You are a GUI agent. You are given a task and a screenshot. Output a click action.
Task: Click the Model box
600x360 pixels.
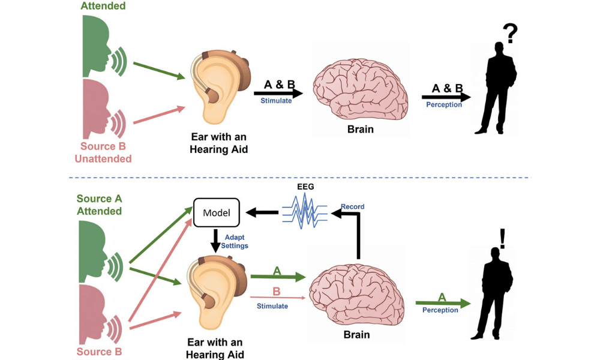(x=217, y=212)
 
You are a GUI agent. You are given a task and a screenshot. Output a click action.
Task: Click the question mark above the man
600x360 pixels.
(x=510, y=34)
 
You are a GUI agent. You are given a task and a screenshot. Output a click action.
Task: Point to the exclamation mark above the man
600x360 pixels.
(x=502, y=238)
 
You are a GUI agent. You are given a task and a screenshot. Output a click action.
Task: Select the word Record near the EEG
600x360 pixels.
(x=352, y=207)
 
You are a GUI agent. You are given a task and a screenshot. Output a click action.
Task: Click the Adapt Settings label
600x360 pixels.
(x=235, y=242)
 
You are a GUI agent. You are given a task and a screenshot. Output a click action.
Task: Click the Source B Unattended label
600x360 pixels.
(x=103, y=152)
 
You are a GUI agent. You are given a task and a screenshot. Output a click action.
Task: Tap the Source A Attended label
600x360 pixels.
(x=99, y=205)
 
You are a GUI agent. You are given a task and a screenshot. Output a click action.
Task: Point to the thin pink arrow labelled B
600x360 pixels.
(x=277, y=297)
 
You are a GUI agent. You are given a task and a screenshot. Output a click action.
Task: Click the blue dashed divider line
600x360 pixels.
(x=300, y=178)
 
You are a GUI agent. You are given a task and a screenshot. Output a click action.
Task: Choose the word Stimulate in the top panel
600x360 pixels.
(x=276, y=101)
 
